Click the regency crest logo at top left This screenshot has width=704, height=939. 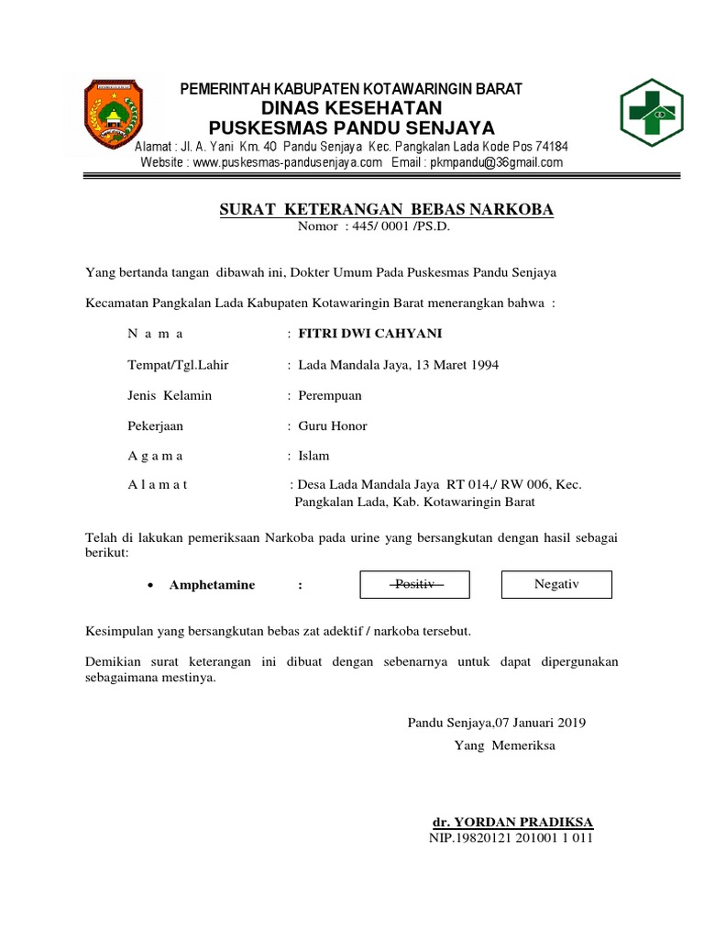(x=115, y=116)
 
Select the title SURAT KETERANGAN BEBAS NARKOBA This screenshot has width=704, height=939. (x=387, y=210)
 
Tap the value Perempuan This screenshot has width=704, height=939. (x=330, y=395)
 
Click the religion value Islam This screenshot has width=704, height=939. (x=313, y=456)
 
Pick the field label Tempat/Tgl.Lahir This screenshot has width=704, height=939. (x=179, y=365)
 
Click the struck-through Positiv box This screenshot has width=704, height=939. (x=414, y=584)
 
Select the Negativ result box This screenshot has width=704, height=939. (x=556, y=584)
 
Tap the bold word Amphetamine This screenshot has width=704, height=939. (x=213, y=585)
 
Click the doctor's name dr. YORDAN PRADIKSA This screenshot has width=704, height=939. (x=512, y=821)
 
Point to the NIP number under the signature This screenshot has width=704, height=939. (x=511, y=837)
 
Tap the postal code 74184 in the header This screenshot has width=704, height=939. (x=552, y=147)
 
